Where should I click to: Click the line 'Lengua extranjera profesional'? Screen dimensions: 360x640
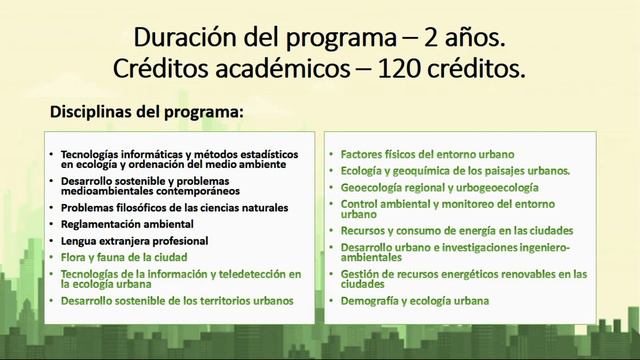click(x=134, y=241)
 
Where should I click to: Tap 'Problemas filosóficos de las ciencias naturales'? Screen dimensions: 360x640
click(x=174, y=208)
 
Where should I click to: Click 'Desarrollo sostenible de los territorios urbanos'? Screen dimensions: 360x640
click(x=177, y=300)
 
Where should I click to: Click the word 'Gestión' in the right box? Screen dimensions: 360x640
click(x=358, y=273)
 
